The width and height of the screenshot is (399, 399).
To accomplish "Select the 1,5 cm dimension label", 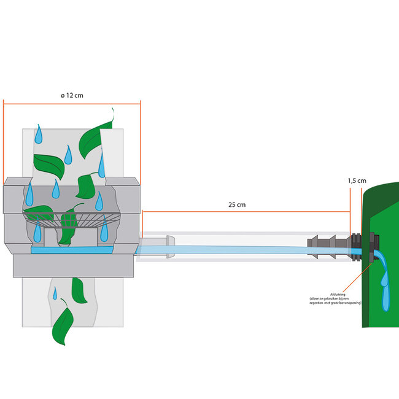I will point(357,181).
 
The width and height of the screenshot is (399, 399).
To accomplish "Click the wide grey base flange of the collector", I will point(72,267).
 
